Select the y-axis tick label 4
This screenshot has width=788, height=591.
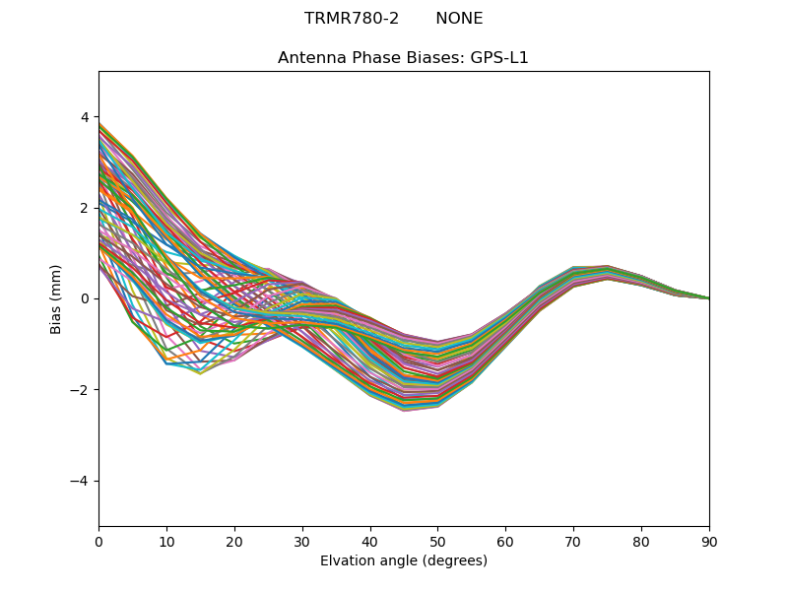[x=85, y=117]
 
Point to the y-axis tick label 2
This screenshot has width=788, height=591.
[x=85, y=208]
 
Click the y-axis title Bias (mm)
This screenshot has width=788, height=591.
[x=57, y=298]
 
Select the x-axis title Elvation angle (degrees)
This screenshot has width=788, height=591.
[x=404, y=560]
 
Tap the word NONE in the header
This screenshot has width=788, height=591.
[x=459, y=19]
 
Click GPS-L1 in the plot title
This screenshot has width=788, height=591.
[x=499, y=58]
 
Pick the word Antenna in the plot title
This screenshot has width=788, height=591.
[x=309, y=58]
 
